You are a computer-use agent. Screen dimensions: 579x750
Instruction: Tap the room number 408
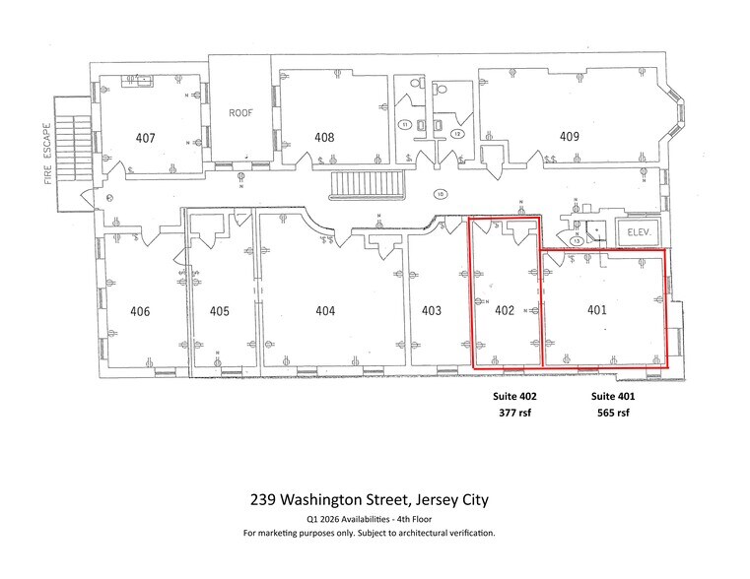324,137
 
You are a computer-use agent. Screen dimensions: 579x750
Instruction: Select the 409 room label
569,137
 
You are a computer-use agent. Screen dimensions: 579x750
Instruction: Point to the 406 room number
140,311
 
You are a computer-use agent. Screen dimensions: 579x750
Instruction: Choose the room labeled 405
220,311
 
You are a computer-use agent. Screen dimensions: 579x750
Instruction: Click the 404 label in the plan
325,311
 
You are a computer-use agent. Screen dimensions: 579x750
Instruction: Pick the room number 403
431,311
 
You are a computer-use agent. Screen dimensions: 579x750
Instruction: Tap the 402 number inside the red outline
505,310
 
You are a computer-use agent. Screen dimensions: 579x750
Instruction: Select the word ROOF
242,112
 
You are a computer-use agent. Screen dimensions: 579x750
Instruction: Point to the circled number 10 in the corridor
441,194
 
